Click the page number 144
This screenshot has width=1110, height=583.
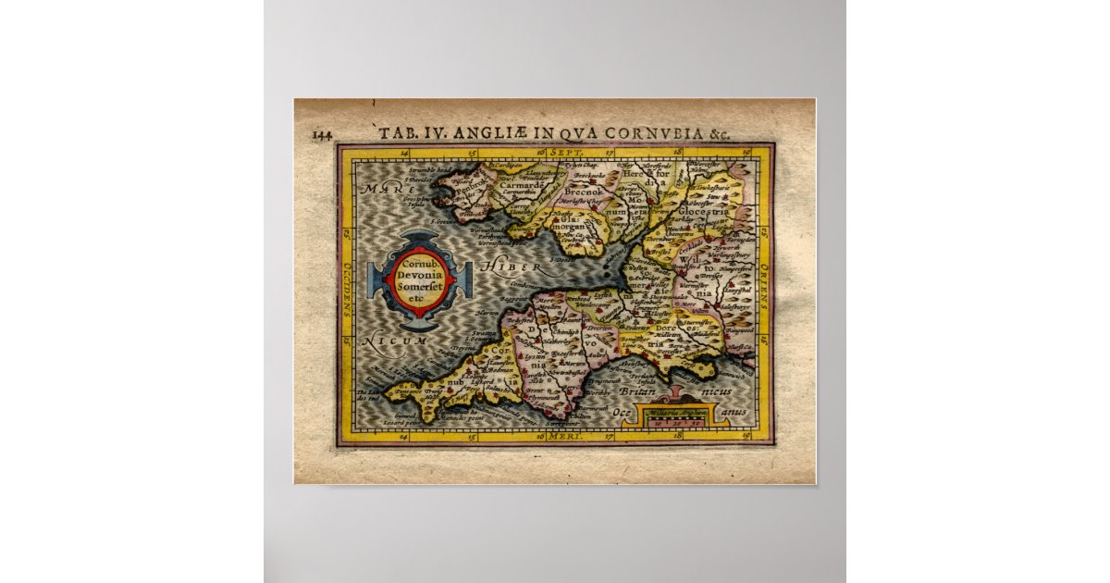tap(322, 134)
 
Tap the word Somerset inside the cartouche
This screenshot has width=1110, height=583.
tap(421, 289)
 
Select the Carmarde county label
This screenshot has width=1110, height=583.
tap(523, 184)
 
